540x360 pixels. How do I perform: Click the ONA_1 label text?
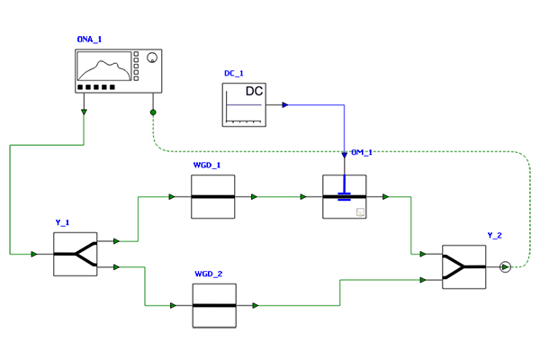click(89, 40)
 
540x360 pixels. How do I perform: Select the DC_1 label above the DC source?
click(234, 74)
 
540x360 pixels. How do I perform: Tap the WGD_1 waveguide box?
click(213, 197)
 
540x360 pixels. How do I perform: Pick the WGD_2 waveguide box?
click(214, 306)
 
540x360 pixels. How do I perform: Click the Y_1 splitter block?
click(76, 254)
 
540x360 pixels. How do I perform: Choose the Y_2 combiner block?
click(464, 267)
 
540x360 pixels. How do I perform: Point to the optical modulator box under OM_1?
click(345, 197)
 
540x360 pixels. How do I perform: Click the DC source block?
click(244, 104)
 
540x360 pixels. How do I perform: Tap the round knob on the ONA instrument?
click(152, 58)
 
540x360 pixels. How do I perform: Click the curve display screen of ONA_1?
click(104, 66)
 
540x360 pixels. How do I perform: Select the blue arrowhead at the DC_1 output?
click(285, 104)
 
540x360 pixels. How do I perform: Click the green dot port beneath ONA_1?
click(153, 112)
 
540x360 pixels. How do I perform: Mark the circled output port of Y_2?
click(505, 267)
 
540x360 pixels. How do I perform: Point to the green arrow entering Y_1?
click(34, 254)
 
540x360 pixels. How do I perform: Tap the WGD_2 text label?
click(209, 274)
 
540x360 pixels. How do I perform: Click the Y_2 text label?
click(494, 235)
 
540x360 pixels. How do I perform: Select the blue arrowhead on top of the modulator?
click(345, 155)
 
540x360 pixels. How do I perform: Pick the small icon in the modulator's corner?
click(360, 211)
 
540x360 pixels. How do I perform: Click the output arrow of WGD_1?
click(254, 197)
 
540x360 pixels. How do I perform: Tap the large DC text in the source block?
click(254, 91)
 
